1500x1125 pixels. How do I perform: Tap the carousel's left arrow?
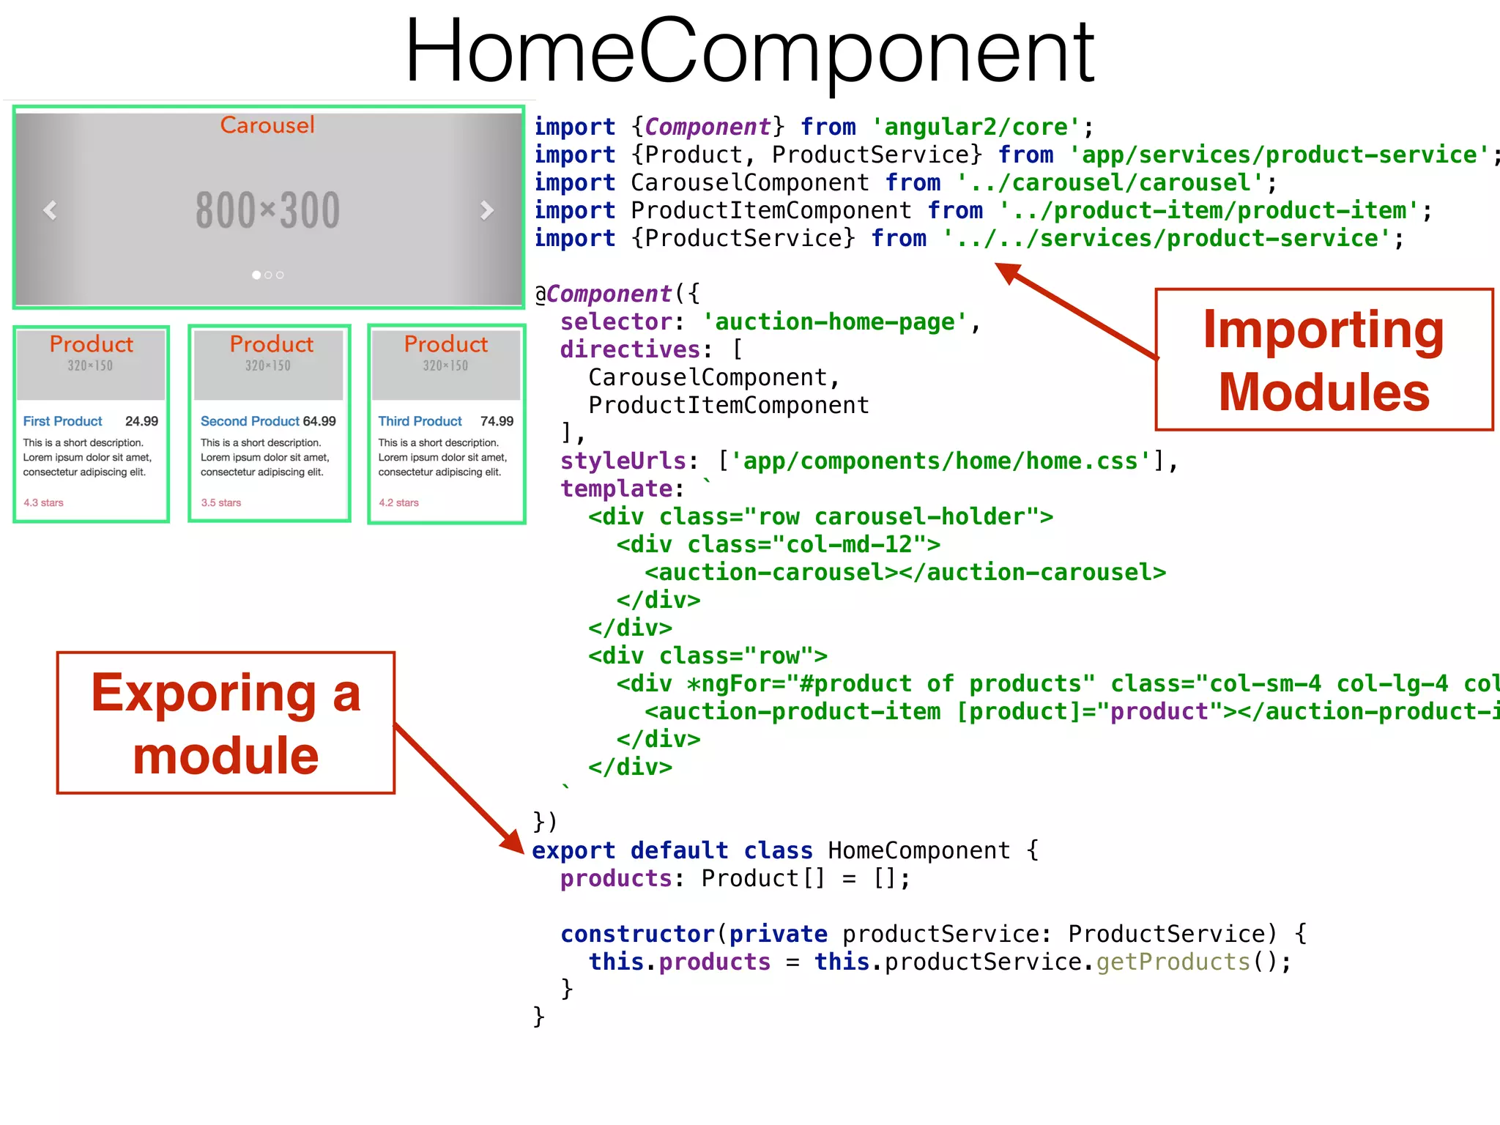[50, 210]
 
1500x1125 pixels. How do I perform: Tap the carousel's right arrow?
[486, 210]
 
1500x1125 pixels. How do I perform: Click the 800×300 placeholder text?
[267, 210]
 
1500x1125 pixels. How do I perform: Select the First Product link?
[62, 421]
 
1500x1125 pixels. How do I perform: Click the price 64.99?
[319, 421]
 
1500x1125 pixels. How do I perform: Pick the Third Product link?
[420, 421]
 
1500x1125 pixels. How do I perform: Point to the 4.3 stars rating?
[43, 502]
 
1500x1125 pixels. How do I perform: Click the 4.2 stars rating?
[398, 502]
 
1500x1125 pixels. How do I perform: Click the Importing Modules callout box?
[1323, 360]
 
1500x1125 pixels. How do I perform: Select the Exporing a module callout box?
[226, 723]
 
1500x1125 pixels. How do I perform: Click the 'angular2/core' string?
[976, 127]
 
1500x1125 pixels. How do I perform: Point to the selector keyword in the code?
[615, 322]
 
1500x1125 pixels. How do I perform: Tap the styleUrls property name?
[623, 461]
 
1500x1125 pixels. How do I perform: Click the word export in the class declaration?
[573, 850]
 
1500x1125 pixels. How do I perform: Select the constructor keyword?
[637, 934]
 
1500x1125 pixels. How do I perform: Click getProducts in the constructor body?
[1173, 962]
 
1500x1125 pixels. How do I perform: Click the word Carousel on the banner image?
[267, 125]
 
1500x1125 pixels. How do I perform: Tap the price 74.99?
[497, 421]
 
